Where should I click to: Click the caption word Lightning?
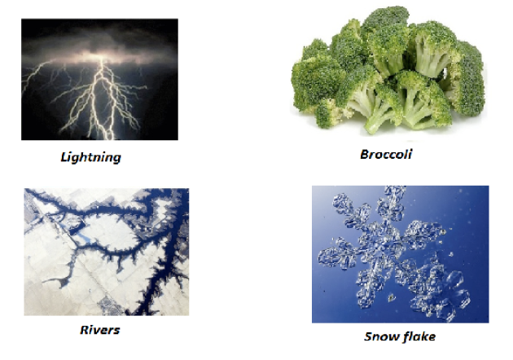pyautogui.click(x=91, y=157)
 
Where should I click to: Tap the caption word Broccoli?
pyautogui.click(x=386, y=154)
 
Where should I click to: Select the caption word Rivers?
pyautogui.click(x=100, y=330)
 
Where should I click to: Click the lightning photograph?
pyautogui.click(x=100, y=80)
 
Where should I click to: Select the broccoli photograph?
pyautogui.click(x=388, y=70)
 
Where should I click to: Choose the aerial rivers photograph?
pyautogui.click(x=107, y=252)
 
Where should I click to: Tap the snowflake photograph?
pyautogui.click(x=401, y=254)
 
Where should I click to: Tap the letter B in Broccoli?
pyautogui.click(x=365, y=154)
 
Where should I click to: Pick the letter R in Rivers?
pyautogui.click(x=85, y=330)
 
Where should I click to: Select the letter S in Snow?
pyautogui.click(x=368, y=336)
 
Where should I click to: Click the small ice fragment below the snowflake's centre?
pyautogui.click(x=392, y=297)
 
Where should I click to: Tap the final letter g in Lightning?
pyautogui.click(x=116, y=159)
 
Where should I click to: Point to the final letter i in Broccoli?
pyautogui.click(x=410, y=154)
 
